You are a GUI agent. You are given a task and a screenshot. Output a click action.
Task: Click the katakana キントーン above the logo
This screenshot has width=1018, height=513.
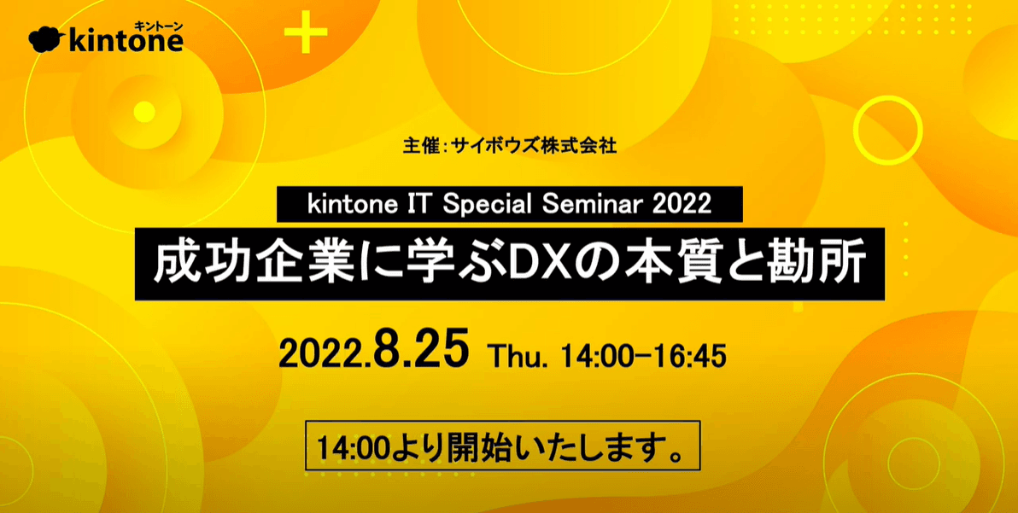(x=160, y=25)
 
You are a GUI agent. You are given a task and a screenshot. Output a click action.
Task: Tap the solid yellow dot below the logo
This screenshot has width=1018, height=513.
(x=144, y=112)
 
